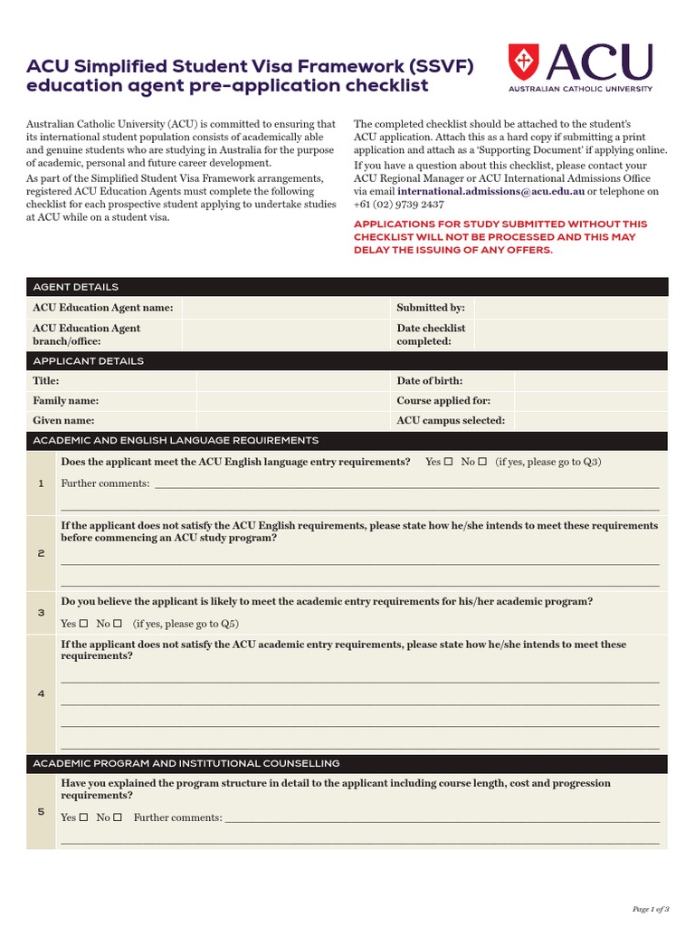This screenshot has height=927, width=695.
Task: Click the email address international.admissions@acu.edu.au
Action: [490, 192]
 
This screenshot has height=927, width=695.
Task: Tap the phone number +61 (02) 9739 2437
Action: [398, 205]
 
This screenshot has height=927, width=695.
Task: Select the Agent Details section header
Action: [76, 287]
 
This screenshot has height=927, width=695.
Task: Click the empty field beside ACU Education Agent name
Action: [285, 308]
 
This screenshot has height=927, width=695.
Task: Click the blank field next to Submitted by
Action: [570, 308]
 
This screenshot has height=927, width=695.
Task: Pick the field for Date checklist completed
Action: [570, 335]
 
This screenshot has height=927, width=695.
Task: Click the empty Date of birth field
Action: [591, 381]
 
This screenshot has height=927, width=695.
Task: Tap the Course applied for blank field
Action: [591, 400]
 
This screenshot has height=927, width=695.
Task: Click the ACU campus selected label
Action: [451, 420]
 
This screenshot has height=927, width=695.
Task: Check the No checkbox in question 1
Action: [482, 463]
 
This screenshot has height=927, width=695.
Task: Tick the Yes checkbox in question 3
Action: [83, 624]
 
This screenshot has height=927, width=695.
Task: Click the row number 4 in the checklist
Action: [41, 693]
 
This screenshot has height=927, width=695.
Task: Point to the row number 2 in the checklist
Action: [41, 553]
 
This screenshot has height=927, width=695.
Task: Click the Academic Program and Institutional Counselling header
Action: [186, 763]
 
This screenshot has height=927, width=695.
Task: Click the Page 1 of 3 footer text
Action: [649, 908]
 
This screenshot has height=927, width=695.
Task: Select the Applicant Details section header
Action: [89, 361]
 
